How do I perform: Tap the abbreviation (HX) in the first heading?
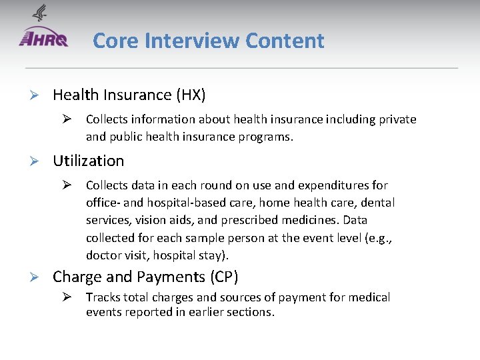pyautogui.click(x=191, y=95)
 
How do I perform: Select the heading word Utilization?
pyautogui.click(x=88, y=161)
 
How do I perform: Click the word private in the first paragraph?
pyautogui.click(x=397, y=119)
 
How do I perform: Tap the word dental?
pyautogui.click(x=379, y=203)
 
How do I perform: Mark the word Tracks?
pyautogui.click(x=101, y=297)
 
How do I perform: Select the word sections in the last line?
pyautogui.click(x=251, y=312)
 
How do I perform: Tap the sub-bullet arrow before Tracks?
pyautogui.click(x=67, y=297)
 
